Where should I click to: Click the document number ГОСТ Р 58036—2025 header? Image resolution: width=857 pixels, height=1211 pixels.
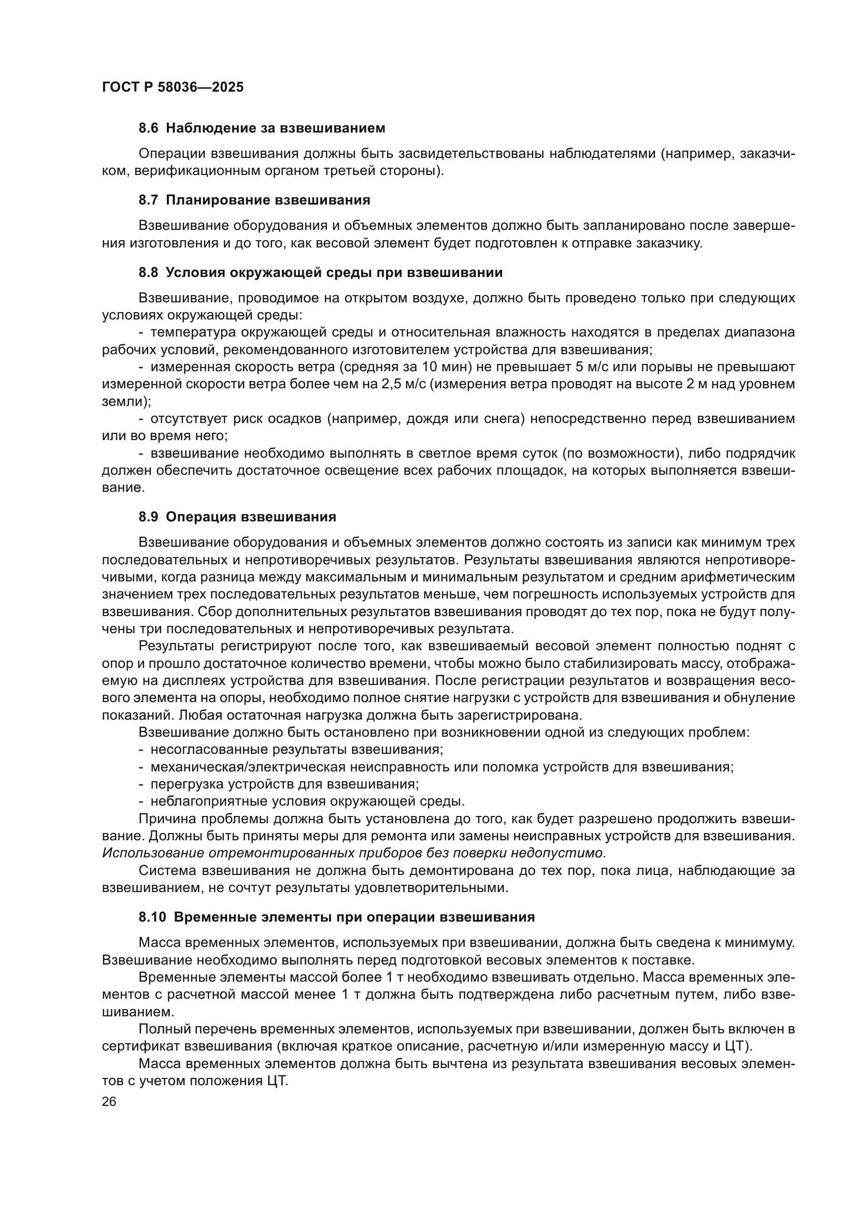(x=173, y=87)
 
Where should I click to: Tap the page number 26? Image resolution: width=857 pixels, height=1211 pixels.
(x=109, y=1101)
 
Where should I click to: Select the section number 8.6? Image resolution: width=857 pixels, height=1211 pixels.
(x=148, y=128)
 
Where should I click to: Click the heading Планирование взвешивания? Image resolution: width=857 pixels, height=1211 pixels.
(x=267, y=200)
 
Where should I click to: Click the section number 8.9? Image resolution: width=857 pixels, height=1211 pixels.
(x=148, y=517)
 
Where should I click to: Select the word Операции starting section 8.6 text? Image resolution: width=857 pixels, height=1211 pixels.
(x=172, y=154)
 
